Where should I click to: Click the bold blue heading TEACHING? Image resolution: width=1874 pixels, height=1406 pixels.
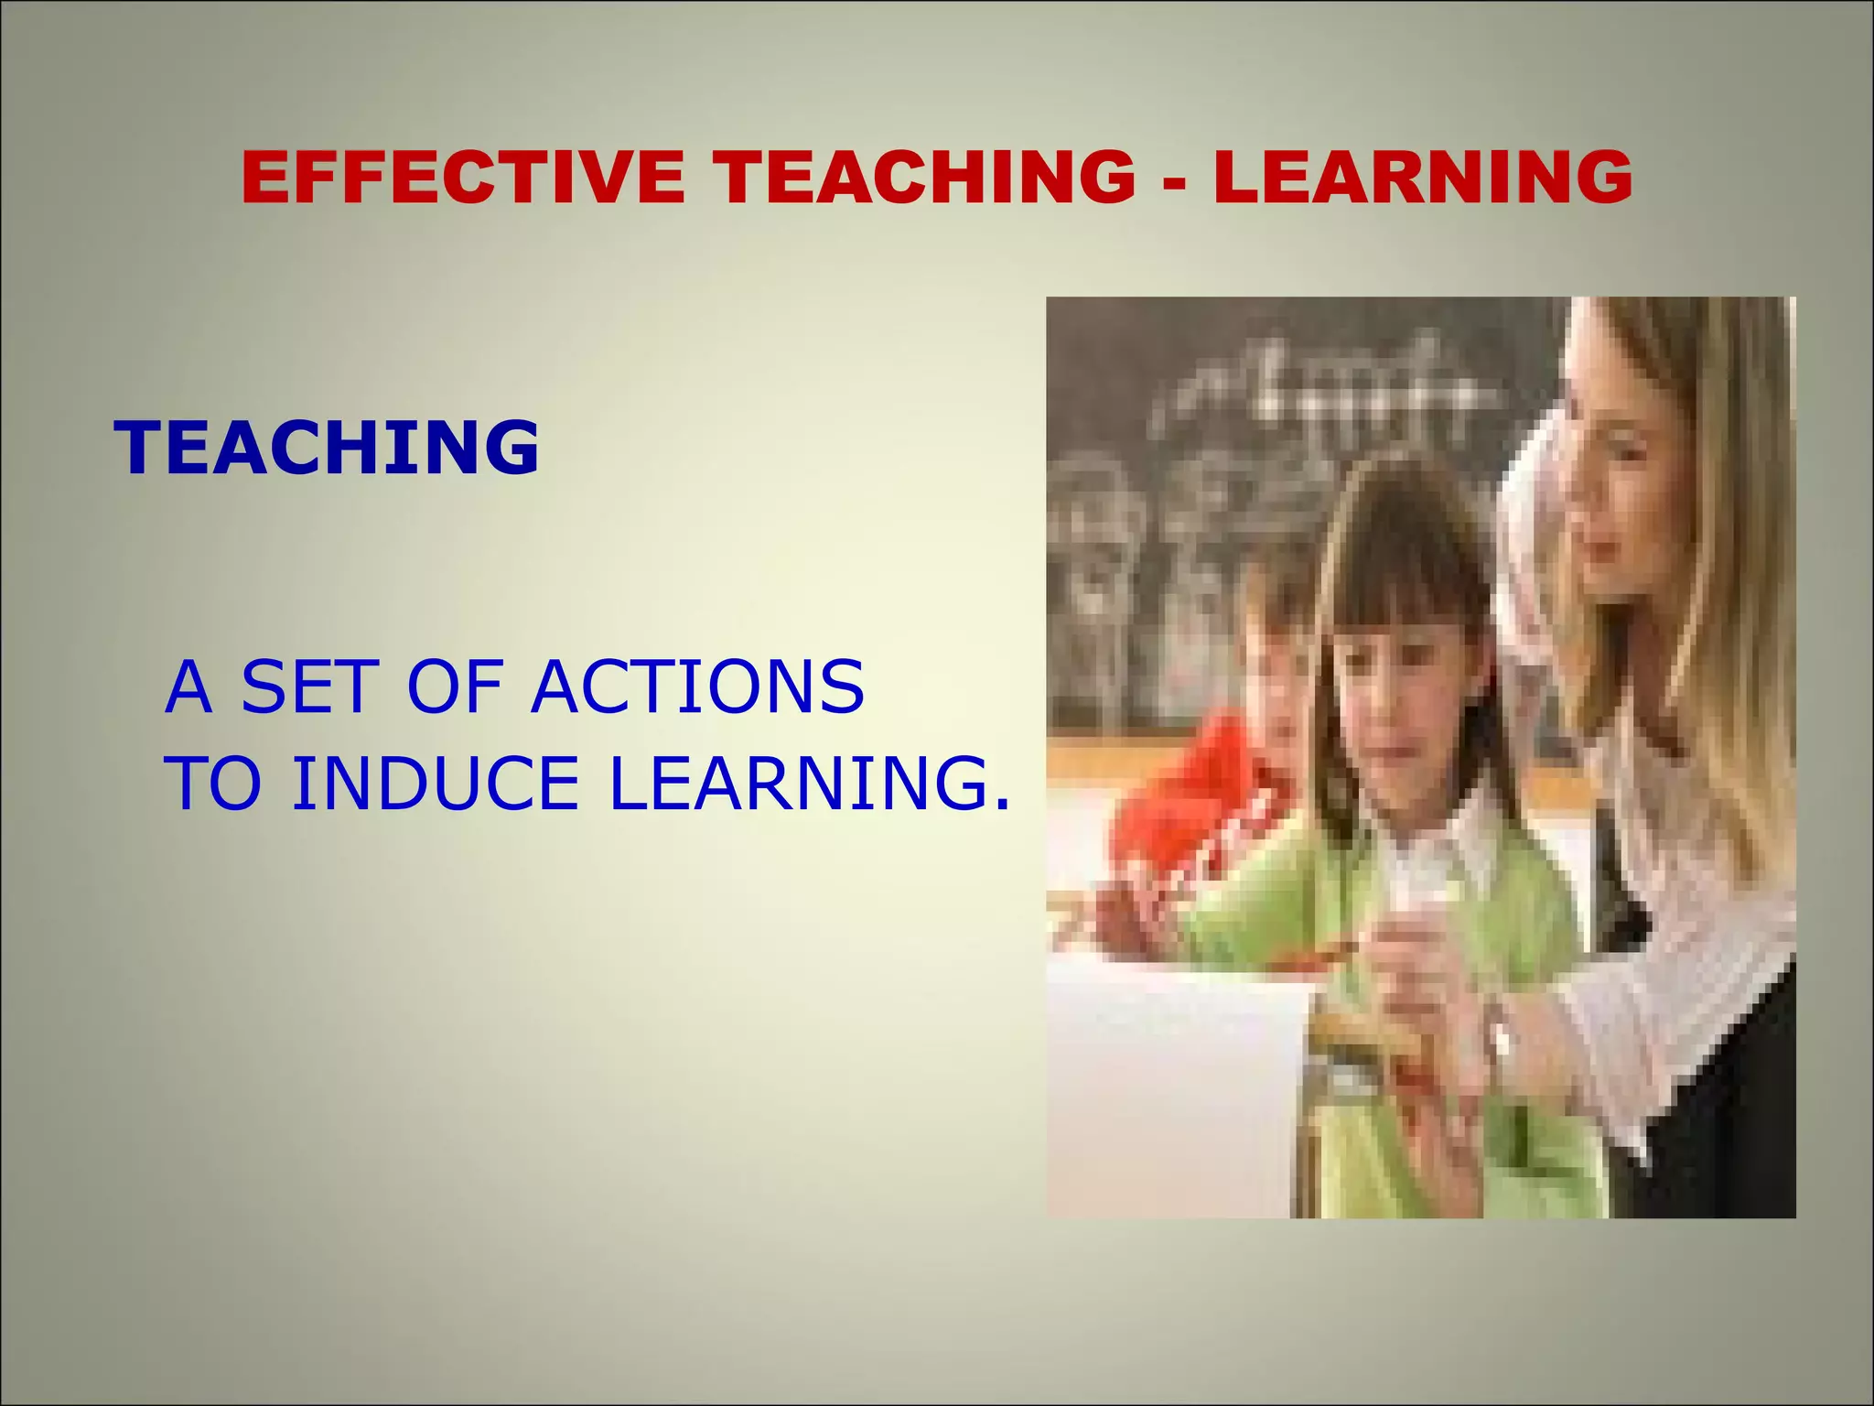pos(327,448)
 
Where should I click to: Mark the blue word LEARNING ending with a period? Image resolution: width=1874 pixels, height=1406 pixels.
pos(810,784)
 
